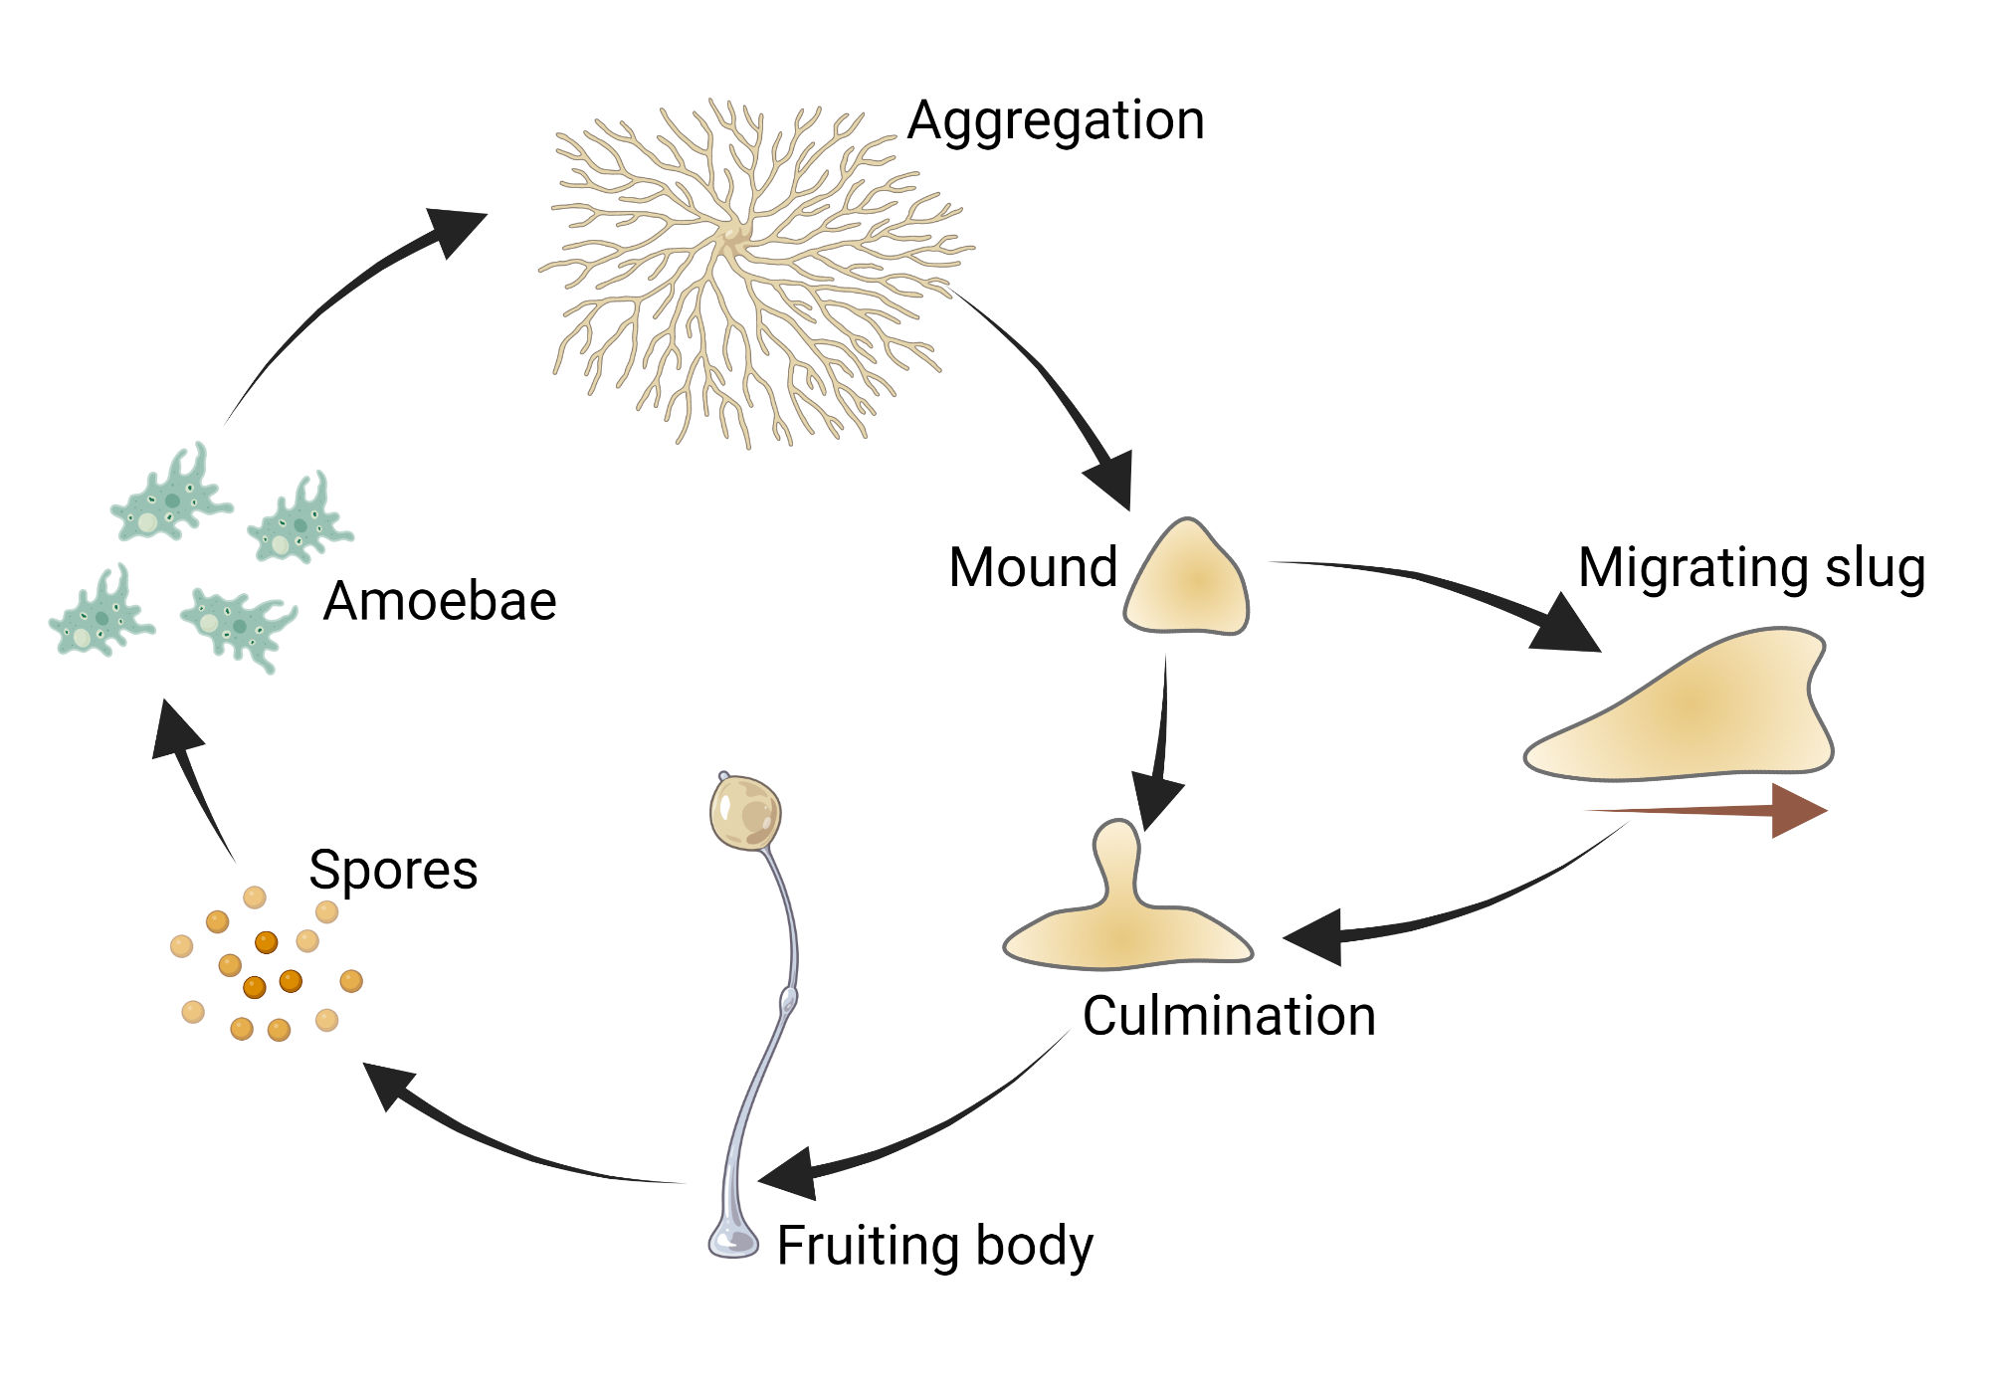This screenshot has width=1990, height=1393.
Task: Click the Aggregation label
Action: pyautogui.click(x=1056, y=121)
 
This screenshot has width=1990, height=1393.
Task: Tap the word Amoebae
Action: pyautogui.click(x=439, y=601)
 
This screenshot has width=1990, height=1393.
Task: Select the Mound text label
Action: pyautogui.click(x=1033, y=567)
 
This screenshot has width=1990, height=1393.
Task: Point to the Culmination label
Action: pyautogui.click(x=1229, y=1016)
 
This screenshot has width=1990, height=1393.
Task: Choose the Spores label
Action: pyautogui.click(x=393, y=870)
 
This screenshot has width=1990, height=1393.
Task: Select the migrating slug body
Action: pyautogui.click(x=1691, y=711)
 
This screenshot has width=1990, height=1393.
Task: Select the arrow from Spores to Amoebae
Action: pyautogui.click(x=194, y=776)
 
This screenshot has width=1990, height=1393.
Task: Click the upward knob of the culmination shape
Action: pyautogui.click(x=1117, y=846)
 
